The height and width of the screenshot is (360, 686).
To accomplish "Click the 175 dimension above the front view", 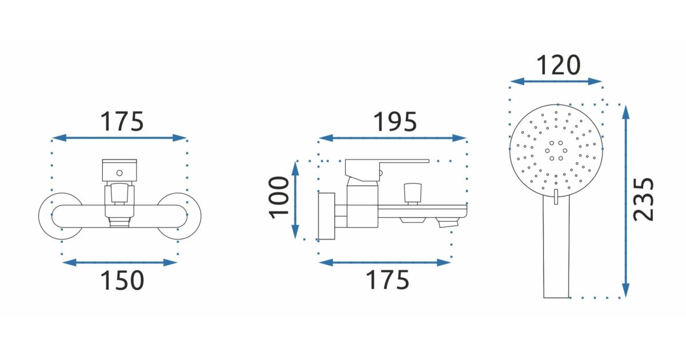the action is coord(122,122).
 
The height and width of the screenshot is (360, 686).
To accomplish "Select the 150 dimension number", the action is coord(122,280).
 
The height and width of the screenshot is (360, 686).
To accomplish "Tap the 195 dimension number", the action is coord(395,122).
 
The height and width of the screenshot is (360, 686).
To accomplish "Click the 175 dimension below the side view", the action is coord(388,280).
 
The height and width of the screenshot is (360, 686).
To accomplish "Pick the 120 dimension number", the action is coord(559,65).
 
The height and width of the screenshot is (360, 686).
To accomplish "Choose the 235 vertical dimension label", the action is coord(643,199).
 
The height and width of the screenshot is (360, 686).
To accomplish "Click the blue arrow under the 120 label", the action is coord(556,81).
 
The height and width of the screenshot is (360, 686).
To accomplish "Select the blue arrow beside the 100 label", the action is coord(295,200).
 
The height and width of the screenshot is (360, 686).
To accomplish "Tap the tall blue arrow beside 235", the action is coord(626,201).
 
